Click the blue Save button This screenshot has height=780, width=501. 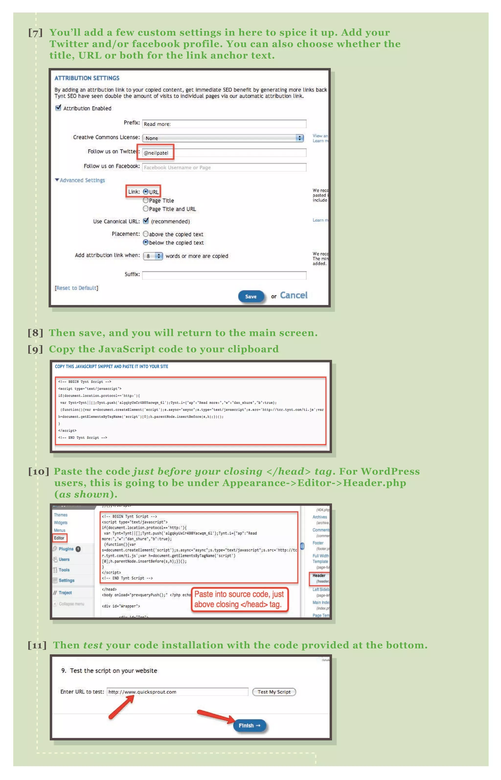click(251, 296)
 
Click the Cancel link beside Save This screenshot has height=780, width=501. click(294, 295)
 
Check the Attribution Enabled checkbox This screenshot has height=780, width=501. click(58, 108)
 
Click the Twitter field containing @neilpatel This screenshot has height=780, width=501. click(224, 153)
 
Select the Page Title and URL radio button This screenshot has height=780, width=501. click(146, 209)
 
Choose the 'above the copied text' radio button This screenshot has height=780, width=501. click(146, 234)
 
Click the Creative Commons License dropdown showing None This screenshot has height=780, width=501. click(223, 138)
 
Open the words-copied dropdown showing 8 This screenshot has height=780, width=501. click(153, 256)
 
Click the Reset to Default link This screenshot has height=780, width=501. click(77, 288)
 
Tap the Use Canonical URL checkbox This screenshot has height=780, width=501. click(146, 221)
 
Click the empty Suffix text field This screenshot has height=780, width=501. click(224, 275)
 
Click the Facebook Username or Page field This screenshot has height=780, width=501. click(224, 167)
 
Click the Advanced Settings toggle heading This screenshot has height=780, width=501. click(80, 180)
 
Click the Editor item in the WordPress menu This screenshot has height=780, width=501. click(59, 538)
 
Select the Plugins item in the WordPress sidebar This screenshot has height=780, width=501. click(66, 549)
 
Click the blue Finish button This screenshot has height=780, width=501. click(249, 726)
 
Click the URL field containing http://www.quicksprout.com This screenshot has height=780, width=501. click(177, 692)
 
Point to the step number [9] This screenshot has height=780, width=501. click(35, 349)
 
